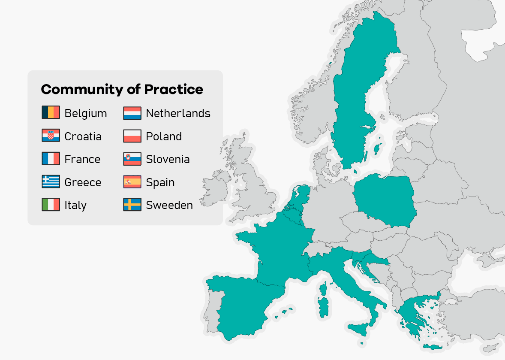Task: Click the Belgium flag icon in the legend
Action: click(x=51, y=113)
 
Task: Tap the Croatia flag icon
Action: click(x=51, y=136)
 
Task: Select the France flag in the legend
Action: click(x=51, y=159)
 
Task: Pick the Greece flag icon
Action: click(x=51, y=182)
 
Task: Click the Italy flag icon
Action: click(x=51, y=205)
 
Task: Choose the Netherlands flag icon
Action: click(x=132, y=113)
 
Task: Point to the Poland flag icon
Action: click(x=132, y=136)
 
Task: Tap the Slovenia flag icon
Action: click(x=132, y=159)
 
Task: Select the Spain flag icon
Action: click(x=132, y=182)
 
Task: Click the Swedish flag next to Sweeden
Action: click(x=132, y=205)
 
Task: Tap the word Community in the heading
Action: click(x=81, y=90)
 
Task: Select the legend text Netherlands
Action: click(x=178, y=113)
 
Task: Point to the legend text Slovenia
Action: click(x=168, y=159)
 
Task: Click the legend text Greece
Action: click(x=83, y=182)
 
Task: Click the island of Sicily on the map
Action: click(x=360, y=330)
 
